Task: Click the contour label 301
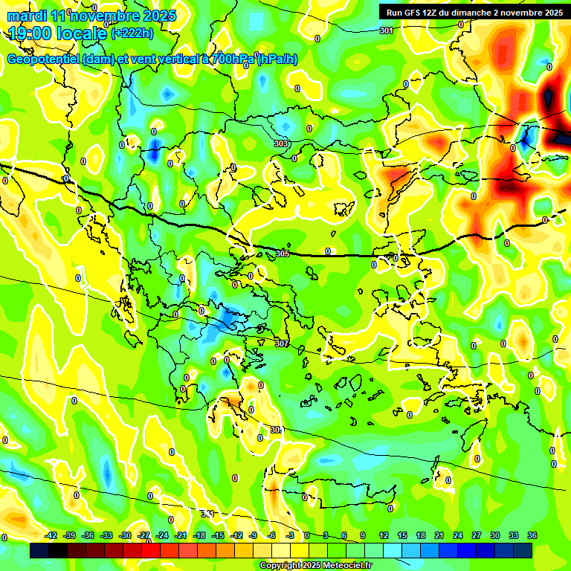pyautogui.click(x=386, y=30)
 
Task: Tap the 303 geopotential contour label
pyautogui.click(x=281, y=143)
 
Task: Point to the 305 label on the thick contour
pyautogui.click(x=282, y=254)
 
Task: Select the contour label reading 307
pyautogui.click(x=281, y=343)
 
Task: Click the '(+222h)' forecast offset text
pyautogui.click(x=132, y=33)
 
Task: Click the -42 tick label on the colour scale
pyautogui.click(x=51, y=535)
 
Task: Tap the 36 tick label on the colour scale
pyautogui.click(x=532, y=535)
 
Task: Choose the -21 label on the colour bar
pyautogui.click(x=180, y=535)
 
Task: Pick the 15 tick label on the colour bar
pyautogui.click(x=402, y=535)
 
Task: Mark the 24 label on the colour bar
pyautogui.click(x=458, y=535)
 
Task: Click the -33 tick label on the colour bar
pyautogui.click(x=106, y=535)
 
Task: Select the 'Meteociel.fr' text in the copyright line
pyautogui.click(x=343, y=565)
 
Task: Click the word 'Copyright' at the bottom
pyautogui.click(x=281, y=565)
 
